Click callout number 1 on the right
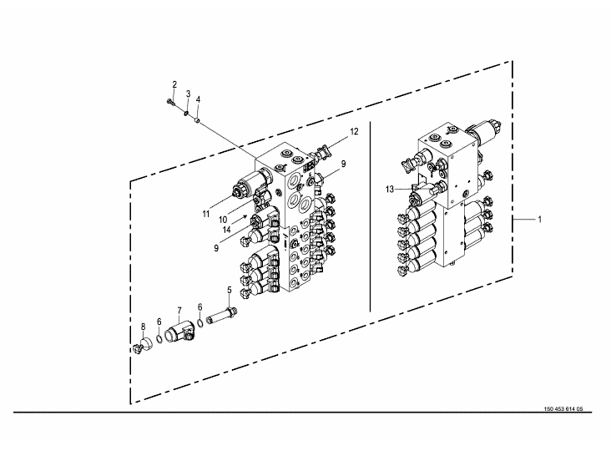540,220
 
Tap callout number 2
174,84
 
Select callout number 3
188,94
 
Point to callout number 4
198,99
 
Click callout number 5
229,290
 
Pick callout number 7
179,311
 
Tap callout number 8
143,327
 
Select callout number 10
223,220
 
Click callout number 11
205,214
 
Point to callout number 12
354,132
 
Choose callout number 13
390,190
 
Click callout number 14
226,230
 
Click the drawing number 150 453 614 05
563,409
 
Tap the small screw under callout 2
169,102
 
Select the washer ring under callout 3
186,114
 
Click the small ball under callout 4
198,121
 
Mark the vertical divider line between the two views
370,216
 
